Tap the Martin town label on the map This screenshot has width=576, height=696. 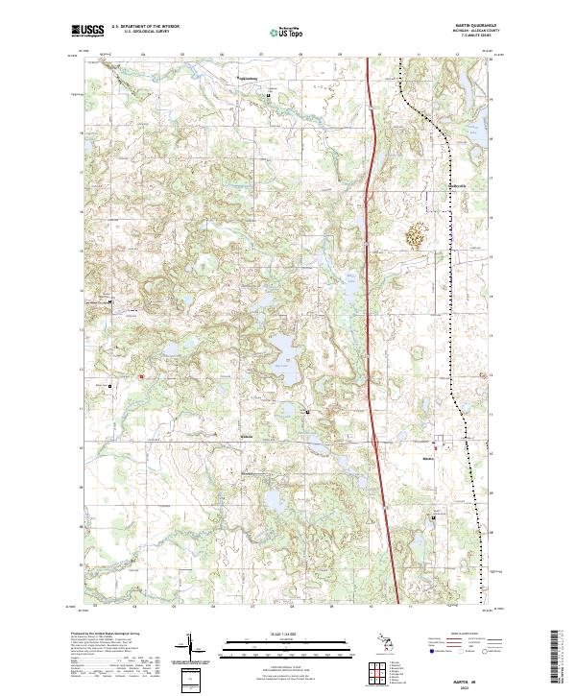(428, 457)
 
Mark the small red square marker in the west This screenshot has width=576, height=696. (142, 376)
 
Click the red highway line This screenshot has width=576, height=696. (372, 288)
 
